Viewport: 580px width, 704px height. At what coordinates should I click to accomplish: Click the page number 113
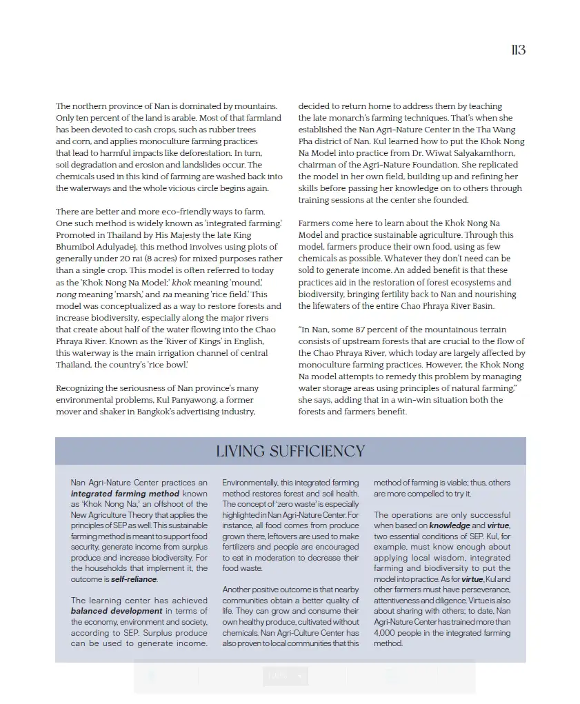pyautogui.click(x=518, y=50)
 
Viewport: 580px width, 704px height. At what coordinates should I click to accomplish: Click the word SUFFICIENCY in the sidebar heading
pyautogui.click(x=318, y=452)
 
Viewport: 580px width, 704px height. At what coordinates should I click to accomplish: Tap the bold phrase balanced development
pyautogui.click(x=117, y=611)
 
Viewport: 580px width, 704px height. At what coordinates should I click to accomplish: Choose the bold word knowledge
pyautogui.click(x=450, y=525)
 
